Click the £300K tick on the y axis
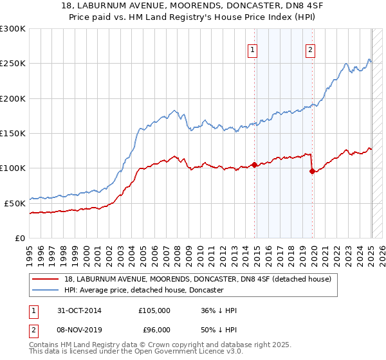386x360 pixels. point(13,29)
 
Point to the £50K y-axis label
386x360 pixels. point(15,203)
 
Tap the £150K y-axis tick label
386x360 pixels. point(13,134)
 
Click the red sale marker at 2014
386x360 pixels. point(254,165)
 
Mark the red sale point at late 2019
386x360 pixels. point(312,171)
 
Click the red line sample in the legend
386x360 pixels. point(46,279)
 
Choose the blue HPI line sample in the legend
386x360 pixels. point(46,291)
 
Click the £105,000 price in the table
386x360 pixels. point(154,310)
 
